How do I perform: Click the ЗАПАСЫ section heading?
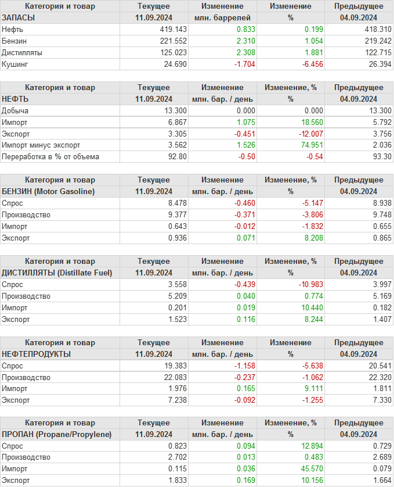point(19,17)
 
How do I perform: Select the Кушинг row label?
point(15,64)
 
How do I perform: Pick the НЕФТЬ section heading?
point(16,99)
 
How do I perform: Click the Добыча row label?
point(15,110)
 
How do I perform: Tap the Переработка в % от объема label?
point(50,157)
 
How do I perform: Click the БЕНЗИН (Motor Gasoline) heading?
point(48,191)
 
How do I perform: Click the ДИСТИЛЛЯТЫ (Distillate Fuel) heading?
point(57,273)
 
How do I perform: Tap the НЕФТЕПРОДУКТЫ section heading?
point(37,354)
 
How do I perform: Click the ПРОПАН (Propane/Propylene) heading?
point(56,434)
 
